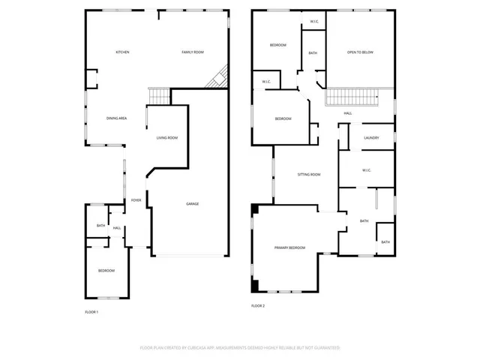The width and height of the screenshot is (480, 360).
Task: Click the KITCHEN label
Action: pos(122,52)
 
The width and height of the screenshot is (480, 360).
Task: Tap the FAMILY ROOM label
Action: pos(193,52)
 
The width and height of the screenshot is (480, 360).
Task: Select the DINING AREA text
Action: pos(116,118)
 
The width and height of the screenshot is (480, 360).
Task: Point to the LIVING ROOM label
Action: pos(166,138)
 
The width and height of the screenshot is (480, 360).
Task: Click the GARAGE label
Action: pos(193,204)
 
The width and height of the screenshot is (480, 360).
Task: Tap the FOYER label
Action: pos(136,200)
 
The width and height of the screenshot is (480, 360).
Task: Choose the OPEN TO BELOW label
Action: pos(360,52)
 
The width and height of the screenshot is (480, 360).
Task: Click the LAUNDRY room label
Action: pos(371,138)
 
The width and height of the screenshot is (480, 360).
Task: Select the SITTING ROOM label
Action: pos(309,174)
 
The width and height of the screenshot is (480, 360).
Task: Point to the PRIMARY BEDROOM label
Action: pos(289,247)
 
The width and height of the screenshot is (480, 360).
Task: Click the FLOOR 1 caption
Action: pos(91,311)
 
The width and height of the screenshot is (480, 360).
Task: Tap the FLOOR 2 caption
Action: pos(258,305)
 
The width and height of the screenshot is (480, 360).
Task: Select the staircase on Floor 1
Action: pos(160,96)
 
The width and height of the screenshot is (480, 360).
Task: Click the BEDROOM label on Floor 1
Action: pos(106,270)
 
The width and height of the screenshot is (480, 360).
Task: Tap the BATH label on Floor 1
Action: pos(100,226)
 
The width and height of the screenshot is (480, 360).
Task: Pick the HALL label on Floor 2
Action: pos(348,113)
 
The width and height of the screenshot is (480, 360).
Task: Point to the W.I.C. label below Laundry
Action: pos(367,170)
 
